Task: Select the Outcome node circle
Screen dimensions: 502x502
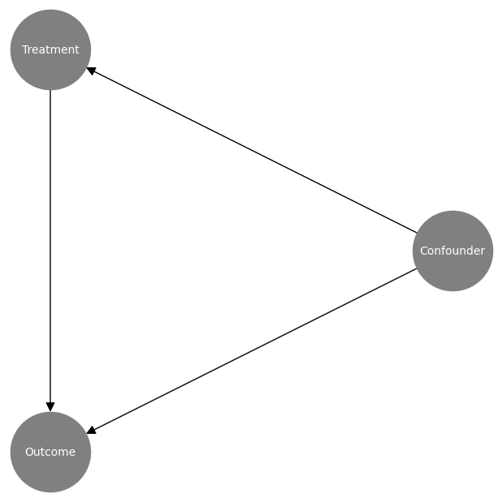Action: [x=50, y=471]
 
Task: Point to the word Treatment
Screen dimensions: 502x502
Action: [x=50, y=49]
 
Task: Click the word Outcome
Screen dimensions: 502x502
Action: [x=50, y=452]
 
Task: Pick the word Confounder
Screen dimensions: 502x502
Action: [x=453, y=251]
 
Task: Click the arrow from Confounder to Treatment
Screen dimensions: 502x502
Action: [x=251, y=150]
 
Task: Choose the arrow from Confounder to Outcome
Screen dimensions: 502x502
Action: [x=251, y=351]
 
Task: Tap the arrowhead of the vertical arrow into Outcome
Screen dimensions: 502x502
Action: [x=50, y=406]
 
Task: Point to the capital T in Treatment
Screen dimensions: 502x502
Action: [x=24, y=49]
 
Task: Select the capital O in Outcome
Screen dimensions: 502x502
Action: [x=29, y=452]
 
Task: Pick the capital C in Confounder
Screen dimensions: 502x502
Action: [x=423, y=251]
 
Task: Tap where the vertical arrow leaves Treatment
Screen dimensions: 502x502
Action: [x=50, y=91]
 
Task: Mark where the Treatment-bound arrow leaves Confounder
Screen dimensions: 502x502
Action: [x=416, y=233]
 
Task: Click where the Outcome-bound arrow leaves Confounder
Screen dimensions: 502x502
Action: [x=416, y=268]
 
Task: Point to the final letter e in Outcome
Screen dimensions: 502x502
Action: [x=72, y=453]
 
